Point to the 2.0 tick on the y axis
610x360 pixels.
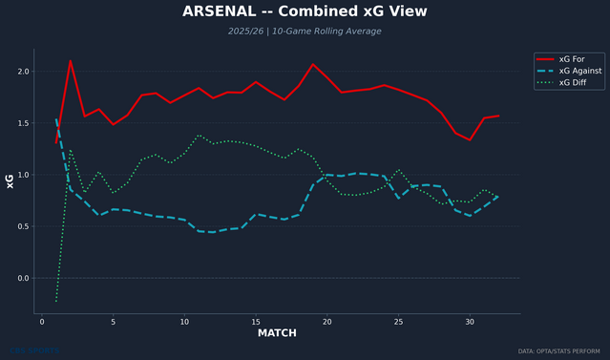23,72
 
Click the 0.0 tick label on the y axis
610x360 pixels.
23,278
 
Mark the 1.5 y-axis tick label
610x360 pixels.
23,123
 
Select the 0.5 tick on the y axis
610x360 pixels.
23,226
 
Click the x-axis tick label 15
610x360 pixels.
256,322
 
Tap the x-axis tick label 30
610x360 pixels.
470,322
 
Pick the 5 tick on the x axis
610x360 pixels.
114,322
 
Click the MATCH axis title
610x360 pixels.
277,333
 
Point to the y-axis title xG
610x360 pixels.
11,180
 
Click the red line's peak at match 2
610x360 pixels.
71,61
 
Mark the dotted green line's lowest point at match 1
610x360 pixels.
56,301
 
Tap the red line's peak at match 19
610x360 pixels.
313,64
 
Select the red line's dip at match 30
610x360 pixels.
470,139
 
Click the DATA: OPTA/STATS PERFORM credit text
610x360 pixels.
558,351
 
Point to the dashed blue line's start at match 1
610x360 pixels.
56,119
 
